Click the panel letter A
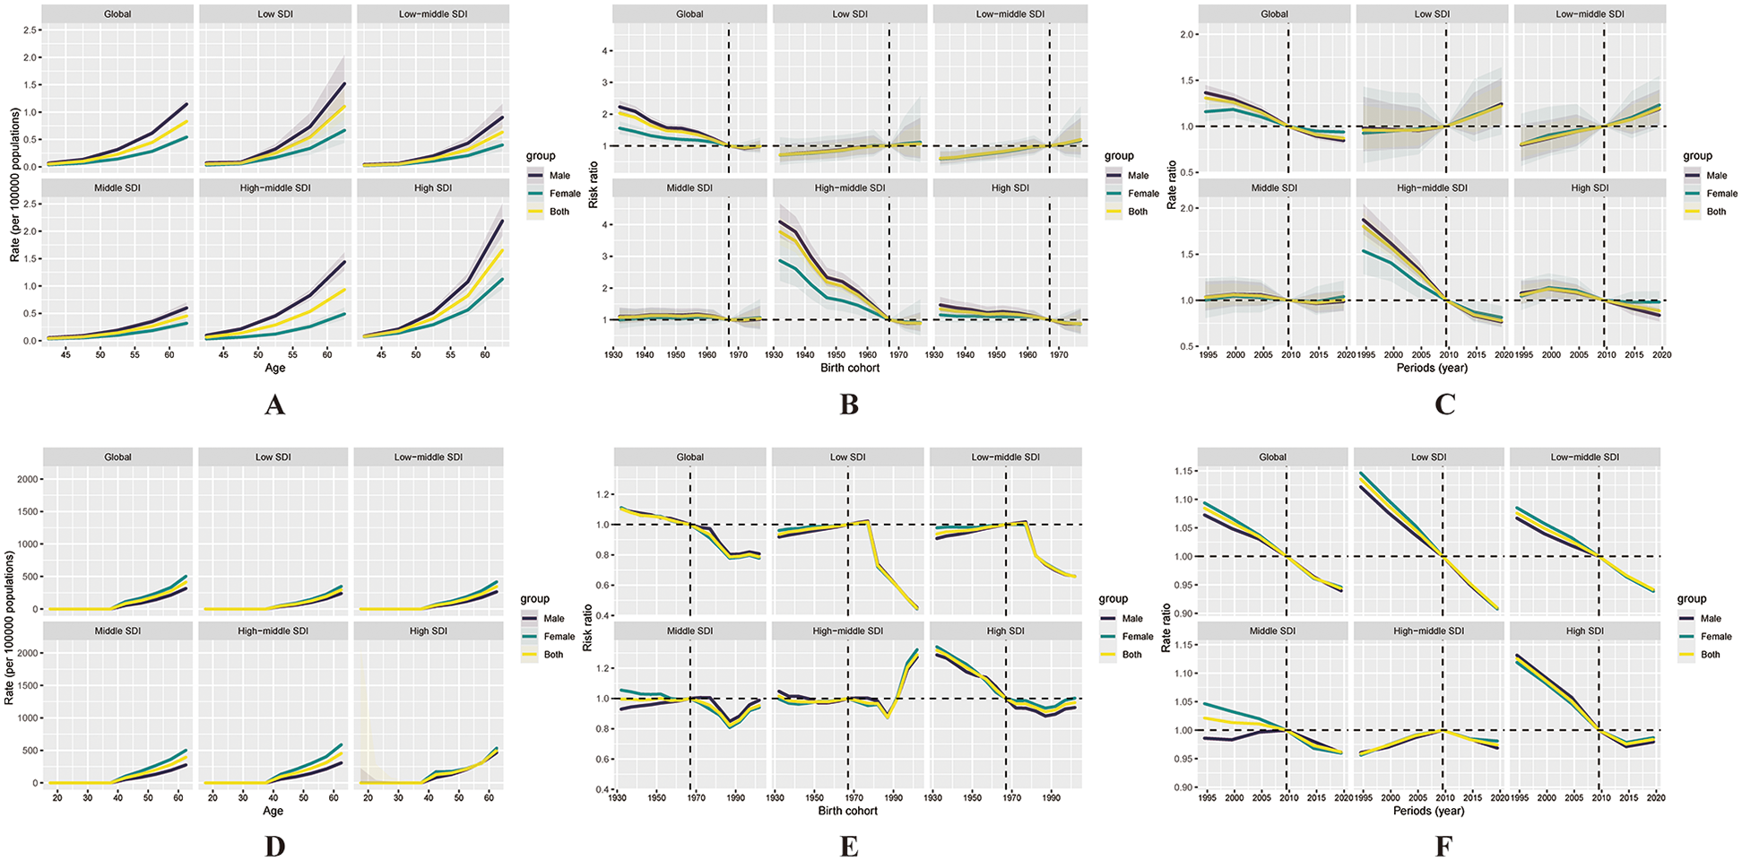point(274,405)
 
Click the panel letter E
point(848,847)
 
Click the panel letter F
point(1443,847)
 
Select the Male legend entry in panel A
point(559,176)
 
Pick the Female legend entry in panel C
point(1721,194)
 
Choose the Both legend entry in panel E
point(1132,655)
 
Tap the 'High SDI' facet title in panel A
point(432,188)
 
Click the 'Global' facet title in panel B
point(689,14)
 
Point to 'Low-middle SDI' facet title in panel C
point(1589,14)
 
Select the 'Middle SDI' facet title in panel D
point(117,631)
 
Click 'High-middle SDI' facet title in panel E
point(847,631)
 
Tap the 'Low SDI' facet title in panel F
point(1428,457)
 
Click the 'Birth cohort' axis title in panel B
point(850,368)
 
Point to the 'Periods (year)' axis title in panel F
point(1428,811)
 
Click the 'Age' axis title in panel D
point(273,811)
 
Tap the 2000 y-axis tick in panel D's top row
point(28,479)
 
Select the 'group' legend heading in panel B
point(1118,156)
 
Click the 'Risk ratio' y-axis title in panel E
point(588,628)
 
